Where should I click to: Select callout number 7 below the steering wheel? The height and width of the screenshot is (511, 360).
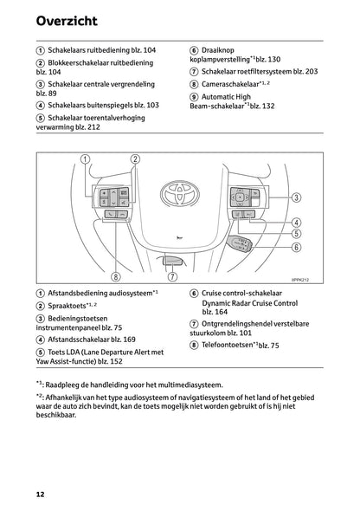[173, 277]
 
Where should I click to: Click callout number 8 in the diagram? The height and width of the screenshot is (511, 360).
[115, 277]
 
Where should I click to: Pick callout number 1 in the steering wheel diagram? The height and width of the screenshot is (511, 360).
[86, 158]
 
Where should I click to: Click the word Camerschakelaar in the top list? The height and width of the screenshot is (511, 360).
[231, 84]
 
